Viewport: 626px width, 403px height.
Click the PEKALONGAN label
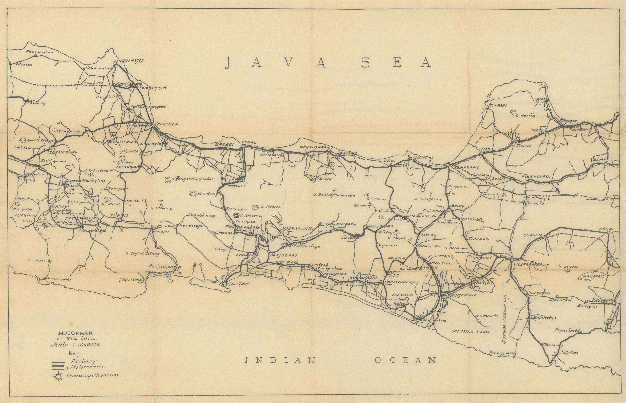(x=314, y=147)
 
